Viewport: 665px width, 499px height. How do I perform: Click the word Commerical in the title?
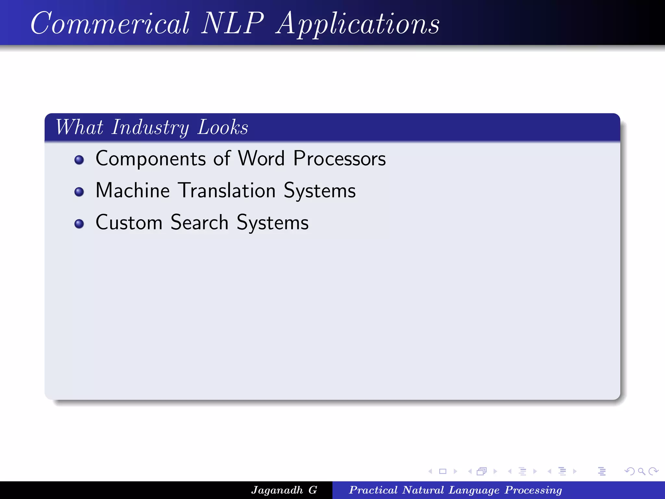pyautogui.click(x=110, y=23)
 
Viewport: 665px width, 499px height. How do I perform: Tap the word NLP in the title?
pyautogui.click(x=232, y=23)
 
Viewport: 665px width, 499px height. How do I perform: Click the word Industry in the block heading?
pyautogui.click(x=150, y=127)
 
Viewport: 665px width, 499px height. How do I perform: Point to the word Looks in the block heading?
pyautogui.click(x=223, y=127)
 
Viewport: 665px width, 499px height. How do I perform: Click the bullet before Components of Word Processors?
pyautogui.click(x=79, y=160)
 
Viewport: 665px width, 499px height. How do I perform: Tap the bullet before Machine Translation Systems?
pyautogui.click(x=79, y=192)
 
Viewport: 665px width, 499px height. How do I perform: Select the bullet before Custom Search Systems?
pyautogui.click(x=79, y=224)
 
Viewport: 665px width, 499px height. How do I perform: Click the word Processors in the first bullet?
pyautogui.click(x=339, y=159)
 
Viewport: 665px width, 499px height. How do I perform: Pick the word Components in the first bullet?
pyautogui.click(x=151, y=159)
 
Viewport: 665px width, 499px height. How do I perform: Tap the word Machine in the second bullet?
pyautogui.click(x=132, y=190)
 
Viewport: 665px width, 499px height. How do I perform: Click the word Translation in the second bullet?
pyautogui.click(x=227, y=190)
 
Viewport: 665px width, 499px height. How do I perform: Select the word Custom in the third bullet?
pyautogui.click(x=129, y=223)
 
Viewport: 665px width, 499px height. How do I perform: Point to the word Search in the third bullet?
pyautogui.click(x=199, y=223)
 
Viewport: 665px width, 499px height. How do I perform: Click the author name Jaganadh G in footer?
pyautogui.click(x=284, y=490)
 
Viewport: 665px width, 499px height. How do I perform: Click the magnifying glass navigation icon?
pyautogui.click(x=641, y=471)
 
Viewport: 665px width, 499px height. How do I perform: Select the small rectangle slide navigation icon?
pyautogui.click(x=443, y=471)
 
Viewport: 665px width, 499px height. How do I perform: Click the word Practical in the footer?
pyautogui.click(x=373, y=490)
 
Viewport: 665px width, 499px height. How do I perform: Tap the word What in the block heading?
pyautogui.click(x=79, y=127)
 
